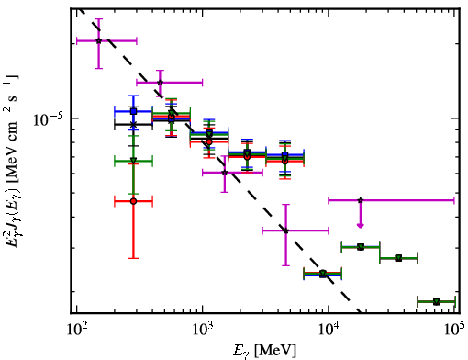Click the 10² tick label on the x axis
point(76,329)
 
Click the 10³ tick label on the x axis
point(203,329)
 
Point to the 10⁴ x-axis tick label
point(329,329)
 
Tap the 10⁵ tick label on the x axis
point(455,329)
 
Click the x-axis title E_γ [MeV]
point(264,351)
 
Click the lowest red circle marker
point(133,201)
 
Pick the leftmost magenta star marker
point(98,40)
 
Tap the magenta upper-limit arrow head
point(361,226)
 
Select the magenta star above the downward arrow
point(361,200)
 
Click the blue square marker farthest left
point(133,111)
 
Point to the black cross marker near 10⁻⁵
point(133,124)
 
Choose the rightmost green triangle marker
point(437,302)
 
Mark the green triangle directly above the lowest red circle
point(133,161)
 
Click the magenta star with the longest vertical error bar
point(285,231)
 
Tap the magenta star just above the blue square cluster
point(160,83)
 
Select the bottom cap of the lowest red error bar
point(133,258)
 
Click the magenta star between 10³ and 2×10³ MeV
point(225,173)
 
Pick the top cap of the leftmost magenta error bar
point(98,19)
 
